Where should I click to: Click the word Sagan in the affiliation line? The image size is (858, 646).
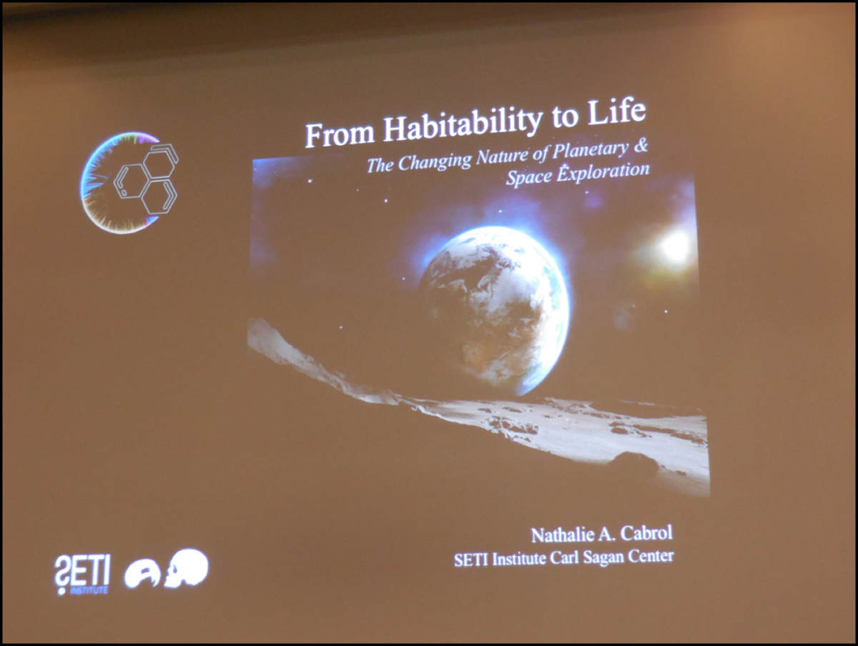603,557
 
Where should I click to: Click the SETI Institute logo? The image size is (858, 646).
82,575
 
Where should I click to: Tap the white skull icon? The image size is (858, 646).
187,567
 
